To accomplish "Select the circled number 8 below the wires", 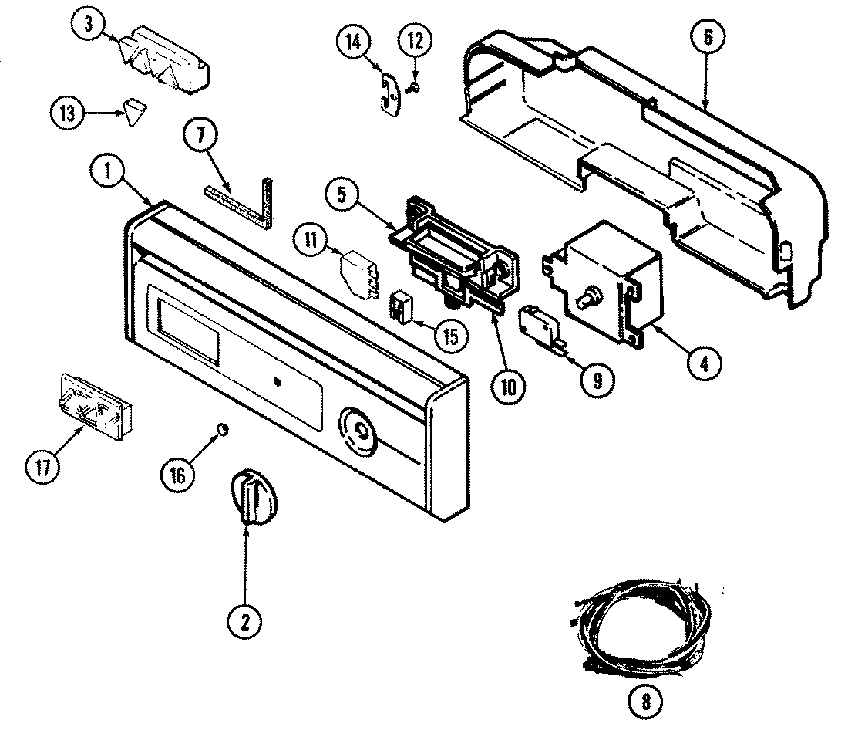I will tap(644, 702).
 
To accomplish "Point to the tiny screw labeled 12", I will tap(414, 88).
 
